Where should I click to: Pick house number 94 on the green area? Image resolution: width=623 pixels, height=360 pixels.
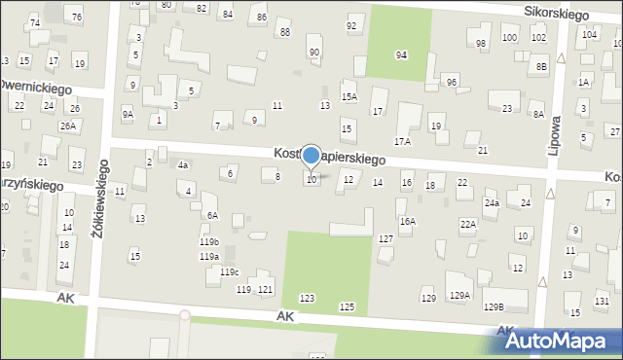click(400, 54)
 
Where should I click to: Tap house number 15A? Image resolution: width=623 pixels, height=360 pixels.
click(348, 97)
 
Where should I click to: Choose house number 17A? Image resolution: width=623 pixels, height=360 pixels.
click(402, 142)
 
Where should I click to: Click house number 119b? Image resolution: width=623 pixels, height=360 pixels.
click(209, 241)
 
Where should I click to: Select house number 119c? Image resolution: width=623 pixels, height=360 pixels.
click(229, 271)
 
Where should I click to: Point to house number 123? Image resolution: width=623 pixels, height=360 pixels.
click(307, 298)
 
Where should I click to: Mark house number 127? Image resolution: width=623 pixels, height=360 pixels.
click(385, 238)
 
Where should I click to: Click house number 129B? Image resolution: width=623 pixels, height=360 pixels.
click(494, 306)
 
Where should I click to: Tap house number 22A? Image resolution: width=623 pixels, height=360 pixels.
click(468, 225)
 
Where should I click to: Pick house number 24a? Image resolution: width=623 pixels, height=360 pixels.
click(492, 203)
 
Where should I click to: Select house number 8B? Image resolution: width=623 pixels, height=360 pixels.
click(540, 66)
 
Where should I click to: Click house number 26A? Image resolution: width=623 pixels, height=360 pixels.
click(67, 126)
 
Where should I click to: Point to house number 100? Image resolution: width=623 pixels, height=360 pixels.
click(509, 37)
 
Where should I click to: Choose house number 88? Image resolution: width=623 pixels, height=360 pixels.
click(284, 32)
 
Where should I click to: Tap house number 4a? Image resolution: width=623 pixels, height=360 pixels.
click(182, 165)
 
